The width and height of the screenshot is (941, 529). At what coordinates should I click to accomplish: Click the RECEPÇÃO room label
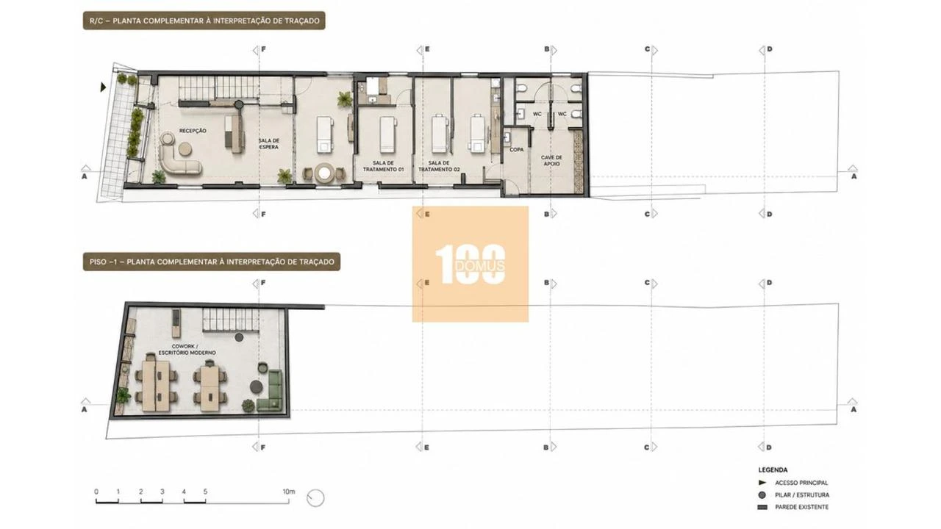(193, 131)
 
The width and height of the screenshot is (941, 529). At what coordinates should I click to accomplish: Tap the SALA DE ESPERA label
(269, 143)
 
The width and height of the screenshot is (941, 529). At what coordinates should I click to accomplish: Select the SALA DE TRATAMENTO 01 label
(383, 166)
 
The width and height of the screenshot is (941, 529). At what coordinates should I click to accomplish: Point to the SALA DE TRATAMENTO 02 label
(439, 166)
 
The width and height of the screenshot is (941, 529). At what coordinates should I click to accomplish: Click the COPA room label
(516, 149)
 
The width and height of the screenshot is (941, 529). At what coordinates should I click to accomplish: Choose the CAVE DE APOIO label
(551, 160)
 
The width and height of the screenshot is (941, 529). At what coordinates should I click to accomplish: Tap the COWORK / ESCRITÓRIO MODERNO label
(187, 349)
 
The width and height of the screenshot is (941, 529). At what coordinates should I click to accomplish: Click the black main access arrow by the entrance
(103, 87)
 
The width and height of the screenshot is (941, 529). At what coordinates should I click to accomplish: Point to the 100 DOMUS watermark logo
(470, 264)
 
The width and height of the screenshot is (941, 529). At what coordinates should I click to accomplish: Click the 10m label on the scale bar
(289, 492)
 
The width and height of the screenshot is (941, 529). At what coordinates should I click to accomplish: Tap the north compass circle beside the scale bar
(315, 498)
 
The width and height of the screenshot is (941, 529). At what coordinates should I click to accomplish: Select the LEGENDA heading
(773, 469)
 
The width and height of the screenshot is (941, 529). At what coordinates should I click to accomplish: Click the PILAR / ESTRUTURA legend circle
(762, 495)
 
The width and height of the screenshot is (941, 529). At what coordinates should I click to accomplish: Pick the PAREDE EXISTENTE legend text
(802, 507)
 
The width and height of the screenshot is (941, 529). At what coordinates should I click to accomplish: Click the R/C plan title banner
(204, 21)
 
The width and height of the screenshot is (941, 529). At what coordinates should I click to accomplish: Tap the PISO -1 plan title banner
(212, 262)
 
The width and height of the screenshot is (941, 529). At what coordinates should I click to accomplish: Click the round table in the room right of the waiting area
(324, 173)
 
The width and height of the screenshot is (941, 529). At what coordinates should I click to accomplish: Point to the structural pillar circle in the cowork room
(239, 337)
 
